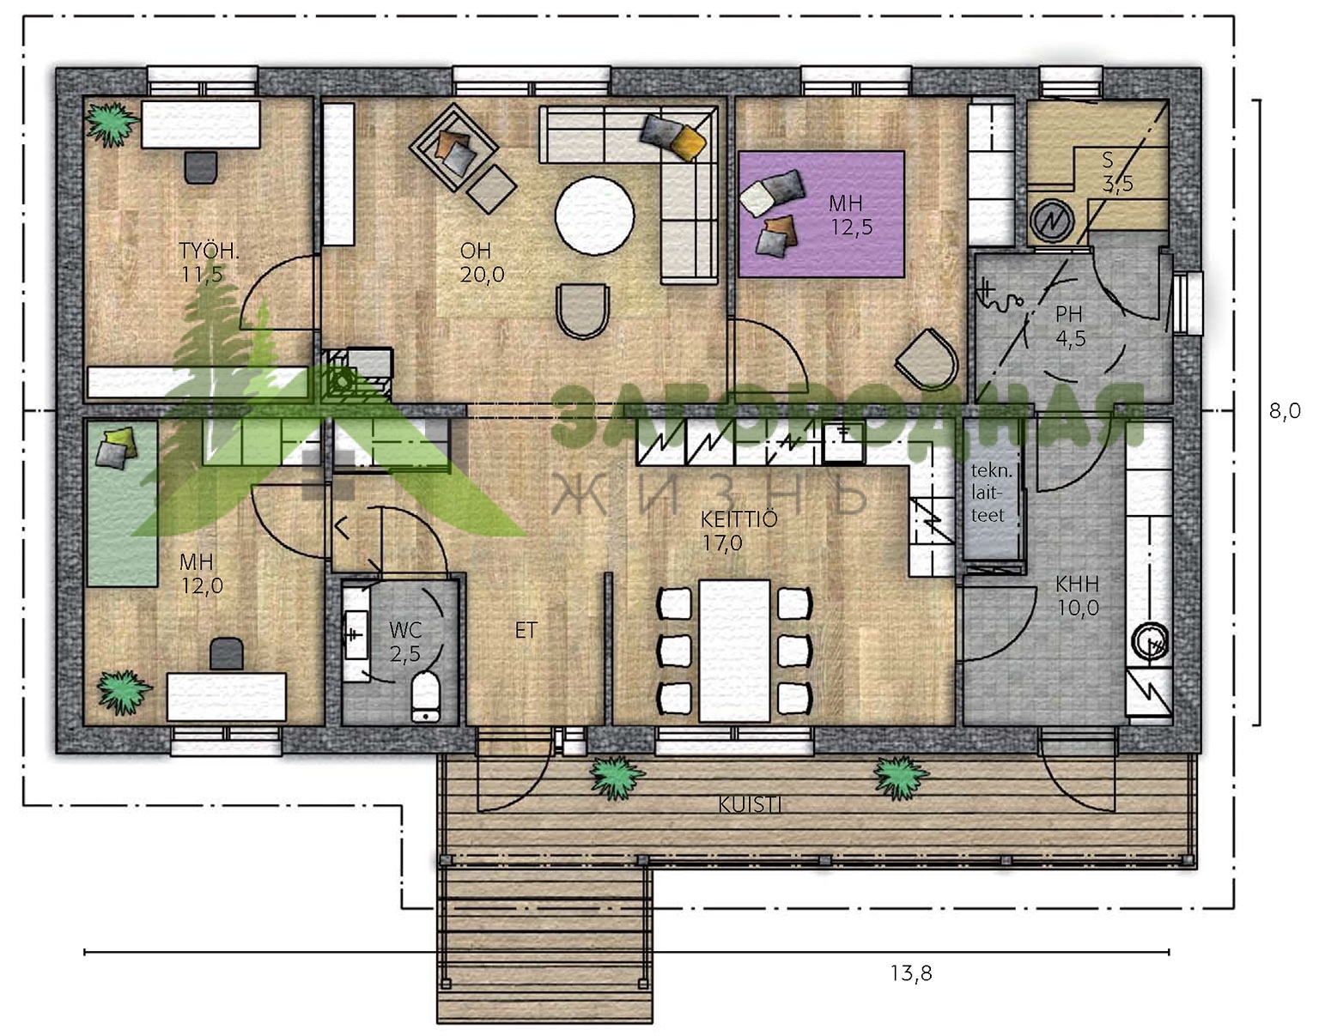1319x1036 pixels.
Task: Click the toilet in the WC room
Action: (x=425, y=697)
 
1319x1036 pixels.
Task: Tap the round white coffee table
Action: (x=594, y=215)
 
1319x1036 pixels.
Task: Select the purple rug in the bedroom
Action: (x=821, y=214)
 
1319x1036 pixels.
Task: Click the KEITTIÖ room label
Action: (x=739, y=530)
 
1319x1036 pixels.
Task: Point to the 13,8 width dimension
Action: (x=911, y=973)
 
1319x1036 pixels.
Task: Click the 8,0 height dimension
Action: (x=1285, y=411)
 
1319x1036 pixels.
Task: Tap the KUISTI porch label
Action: (x=749, y=805)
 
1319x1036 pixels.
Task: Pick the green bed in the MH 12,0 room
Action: (x=123, y=505)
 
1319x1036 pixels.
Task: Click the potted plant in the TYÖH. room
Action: (x=110, y=124)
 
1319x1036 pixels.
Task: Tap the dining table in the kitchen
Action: (x=734, y=651)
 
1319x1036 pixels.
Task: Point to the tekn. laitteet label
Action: (x=991, y=493)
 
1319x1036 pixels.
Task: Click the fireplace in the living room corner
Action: (x=356, y=373)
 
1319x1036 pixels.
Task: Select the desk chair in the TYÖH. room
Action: (x=201, y=167)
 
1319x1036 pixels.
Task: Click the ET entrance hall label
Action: (x=526, y=631)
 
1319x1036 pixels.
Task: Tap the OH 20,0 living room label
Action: (x=482, y=263)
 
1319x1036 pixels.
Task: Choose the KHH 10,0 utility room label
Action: (x=1078, y=596)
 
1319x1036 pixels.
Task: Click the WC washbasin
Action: (x=356, y=634)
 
